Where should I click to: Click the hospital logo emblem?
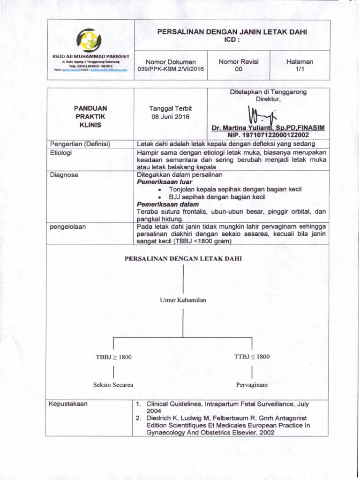tap(89, 40)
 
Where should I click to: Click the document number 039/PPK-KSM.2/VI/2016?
tap(171, 69)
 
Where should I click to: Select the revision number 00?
tap(239, 69)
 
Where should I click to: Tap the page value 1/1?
tap(300, 69)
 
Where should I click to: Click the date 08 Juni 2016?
tap(171, 117)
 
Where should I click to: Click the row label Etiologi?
tap(61, 153)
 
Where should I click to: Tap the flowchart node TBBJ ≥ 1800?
tap(113, 357)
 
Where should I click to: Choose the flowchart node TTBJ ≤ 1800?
tap(252, 357)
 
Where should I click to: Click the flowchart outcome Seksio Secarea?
tap(113, 385)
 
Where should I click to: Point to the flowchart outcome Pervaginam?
tap(252, 385)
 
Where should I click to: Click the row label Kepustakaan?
tap(69, 404)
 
